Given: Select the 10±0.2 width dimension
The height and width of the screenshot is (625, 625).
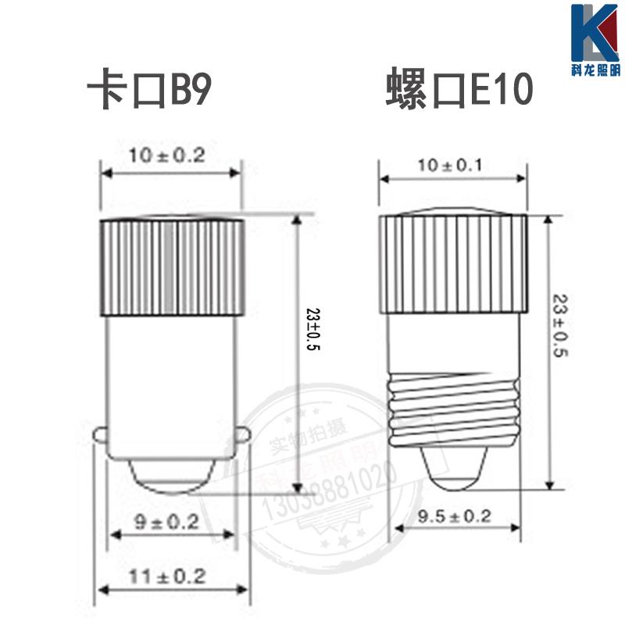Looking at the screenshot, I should click(167, 155).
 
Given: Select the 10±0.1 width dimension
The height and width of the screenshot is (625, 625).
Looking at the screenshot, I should click(449, 165).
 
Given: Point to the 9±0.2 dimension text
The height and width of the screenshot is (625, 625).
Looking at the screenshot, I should click(166, 521).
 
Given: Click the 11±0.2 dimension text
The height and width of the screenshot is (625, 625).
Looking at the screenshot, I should click(166, 577).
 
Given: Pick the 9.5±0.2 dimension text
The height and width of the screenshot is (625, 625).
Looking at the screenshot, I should click(453, 516).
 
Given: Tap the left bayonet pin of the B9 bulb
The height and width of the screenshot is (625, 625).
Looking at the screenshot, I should click(100, 433).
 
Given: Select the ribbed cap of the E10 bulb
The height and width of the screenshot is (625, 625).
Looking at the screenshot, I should click(453, 262).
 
